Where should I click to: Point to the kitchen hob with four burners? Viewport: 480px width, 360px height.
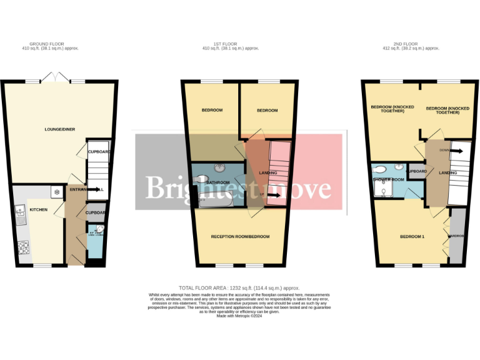24,248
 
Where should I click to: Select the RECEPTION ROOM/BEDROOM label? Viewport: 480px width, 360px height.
240,236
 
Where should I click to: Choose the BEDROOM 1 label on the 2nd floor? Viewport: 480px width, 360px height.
412,236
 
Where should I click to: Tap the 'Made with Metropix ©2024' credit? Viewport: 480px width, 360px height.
239,316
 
